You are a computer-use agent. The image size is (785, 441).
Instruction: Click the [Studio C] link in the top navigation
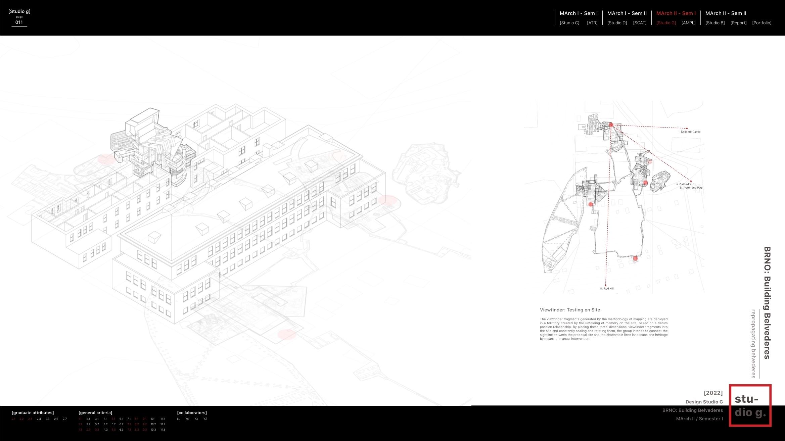click(x=569, y=23)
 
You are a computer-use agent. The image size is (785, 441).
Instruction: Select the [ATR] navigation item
click(x=592, y=23)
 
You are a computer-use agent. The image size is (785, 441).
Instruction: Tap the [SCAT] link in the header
click(x=640, y=23)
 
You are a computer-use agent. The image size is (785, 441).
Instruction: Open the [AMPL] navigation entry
click(x=688, y=23)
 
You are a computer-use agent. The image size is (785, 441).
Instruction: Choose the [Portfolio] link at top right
click(x=762, y=23)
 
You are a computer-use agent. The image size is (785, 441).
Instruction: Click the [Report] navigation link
click(x=738, y=23)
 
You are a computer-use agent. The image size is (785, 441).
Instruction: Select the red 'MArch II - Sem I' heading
click(x=676, y=13)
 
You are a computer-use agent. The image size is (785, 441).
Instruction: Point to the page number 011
click(x=19, y=22)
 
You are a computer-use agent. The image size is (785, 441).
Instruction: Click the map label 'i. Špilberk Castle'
click(x=689, y=132)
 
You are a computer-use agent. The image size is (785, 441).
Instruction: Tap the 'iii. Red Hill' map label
click(x=607, y=289)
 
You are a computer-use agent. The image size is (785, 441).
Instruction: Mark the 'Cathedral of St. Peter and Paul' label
click(x=690, y=186)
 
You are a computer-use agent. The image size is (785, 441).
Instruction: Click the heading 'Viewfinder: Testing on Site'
click(x=570, y=310)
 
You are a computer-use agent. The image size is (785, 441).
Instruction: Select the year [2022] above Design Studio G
click(x=713, y=393)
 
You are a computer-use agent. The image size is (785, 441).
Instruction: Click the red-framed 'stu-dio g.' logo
click(x=750, y=405)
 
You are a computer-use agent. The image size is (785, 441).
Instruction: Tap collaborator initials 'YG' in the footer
click(x=187, y=419)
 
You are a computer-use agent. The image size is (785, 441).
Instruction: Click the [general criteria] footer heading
click(x=95, y=412)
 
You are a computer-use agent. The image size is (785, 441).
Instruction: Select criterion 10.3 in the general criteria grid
click(x=153, y=430)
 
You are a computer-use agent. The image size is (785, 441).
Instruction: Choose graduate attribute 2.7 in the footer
click(x=65, y=419)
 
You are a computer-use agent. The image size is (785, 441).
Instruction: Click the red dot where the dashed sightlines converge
click(x=611, y=125)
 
